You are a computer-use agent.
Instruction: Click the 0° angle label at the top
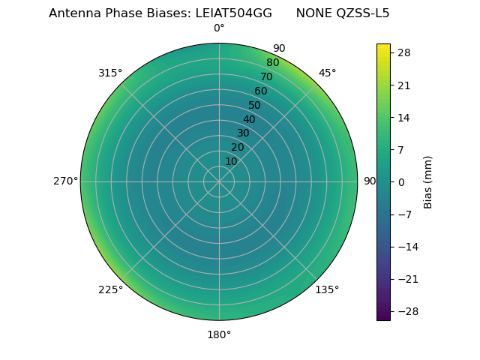[219, 28]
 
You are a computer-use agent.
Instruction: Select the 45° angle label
[328, 73]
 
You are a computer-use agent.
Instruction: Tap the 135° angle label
[327, 289]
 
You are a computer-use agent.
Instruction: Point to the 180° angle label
[219, 334]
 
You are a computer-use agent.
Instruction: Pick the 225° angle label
[110, 289]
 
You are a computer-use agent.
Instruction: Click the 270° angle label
[65, 181]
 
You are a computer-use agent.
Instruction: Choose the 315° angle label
[110, 73]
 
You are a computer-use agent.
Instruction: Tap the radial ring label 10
[231, 161]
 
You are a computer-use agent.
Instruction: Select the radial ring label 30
[243, 133]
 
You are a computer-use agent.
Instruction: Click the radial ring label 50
[254, 106]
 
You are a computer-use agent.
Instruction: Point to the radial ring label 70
[266, 76]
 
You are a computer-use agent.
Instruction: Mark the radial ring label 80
[272, 63]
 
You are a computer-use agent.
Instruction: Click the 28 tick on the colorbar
[403, 52]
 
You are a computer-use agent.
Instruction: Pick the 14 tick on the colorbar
[403, 118]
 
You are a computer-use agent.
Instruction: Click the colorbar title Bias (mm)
[428, 182]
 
